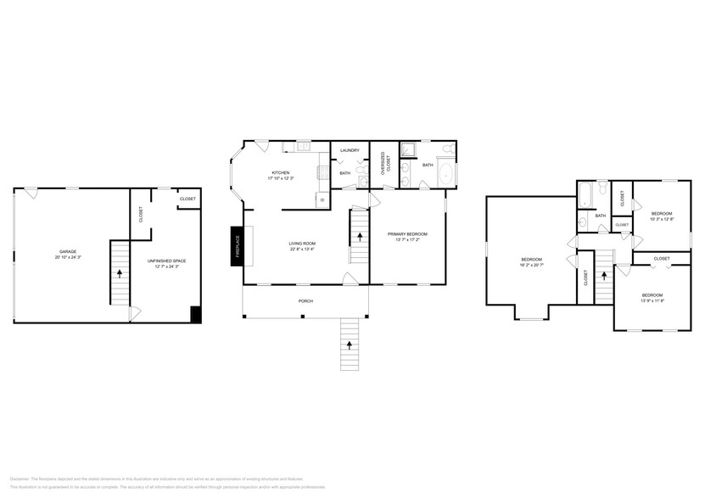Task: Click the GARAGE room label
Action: point(68,253)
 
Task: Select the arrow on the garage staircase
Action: point(120,273)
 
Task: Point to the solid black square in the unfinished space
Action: point(196,314)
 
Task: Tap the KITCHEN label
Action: point(280,172)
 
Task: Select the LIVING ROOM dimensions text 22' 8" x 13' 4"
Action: point(301,249)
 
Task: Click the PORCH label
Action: point(305,300)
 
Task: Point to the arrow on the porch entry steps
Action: point(350,344)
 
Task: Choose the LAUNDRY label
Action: point(350,150)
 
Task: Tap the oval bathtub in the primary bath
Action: point(446,177)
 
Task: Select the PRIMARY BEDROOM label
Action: point(407,234)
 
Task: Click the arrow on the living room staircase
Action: point(360,236)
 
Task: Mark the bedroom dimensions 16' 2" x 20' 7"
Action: point(531,266)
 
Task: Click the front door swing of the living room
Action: point(349,278)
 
